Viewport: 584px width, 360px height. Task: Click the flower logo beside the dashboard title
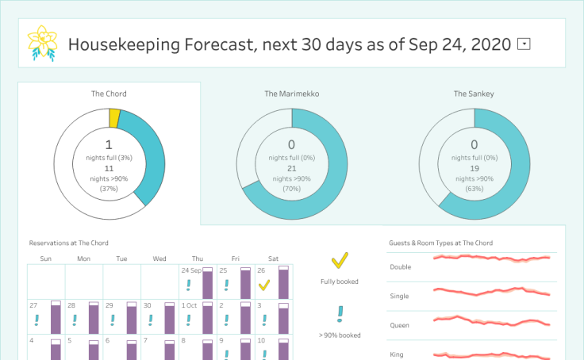pyautogui.click(x=41, y=43)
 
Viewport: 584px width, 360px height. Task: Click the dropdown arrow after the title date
pyautogui.click(x=524, y=44)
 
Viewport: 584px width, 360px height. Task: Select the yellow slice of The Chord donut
pyautogui.click(x=115, y=118)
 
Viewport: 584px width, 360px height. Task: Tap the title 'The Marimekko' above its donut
pyautogui.click(x=291, y=94)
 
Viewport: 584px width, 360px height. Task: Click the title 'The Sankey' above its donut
pyautogui.click(x=474, y=94)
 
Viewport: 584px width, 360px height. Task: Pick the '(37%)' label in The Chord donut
pyautogui.click(x=109, y=188)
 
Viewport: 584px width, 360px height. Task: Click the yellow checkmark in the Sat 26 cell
pyautogui.click(x=264, y=285)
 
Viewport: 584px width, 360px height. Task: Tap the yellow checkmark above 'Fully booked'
pyautogui.click(x=340, y=260)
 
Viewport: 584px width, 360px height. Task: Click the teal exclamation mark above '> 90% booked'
pyautogui.click(x=340, y=314)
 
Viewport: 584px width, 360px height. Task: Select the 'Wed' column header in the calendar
pyautogui.click(x=159, y=259)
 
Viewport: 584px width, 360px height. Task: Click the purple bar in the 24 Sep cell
pyautogui.click(x=208, y=284)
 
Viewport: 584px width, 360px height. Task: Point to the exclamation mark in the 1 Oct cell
pyautogui.click(x=188, y=320)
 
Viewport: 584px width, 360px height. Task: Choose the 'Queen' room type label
pyautogui.click(x=400, y=325)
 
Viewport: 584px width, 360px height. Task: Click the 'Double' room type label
pyautogui.click(x=401, y=266)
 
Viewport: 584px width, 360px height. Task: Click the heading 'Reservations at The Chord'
pyautogui.click(x=68, y=243)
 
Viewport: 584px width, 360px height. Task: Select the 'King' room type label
pyautogui.click(x=398, y=354)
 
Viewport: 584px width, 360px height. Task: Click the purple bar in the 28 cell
pyautogui.click(x=94, y=319)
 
